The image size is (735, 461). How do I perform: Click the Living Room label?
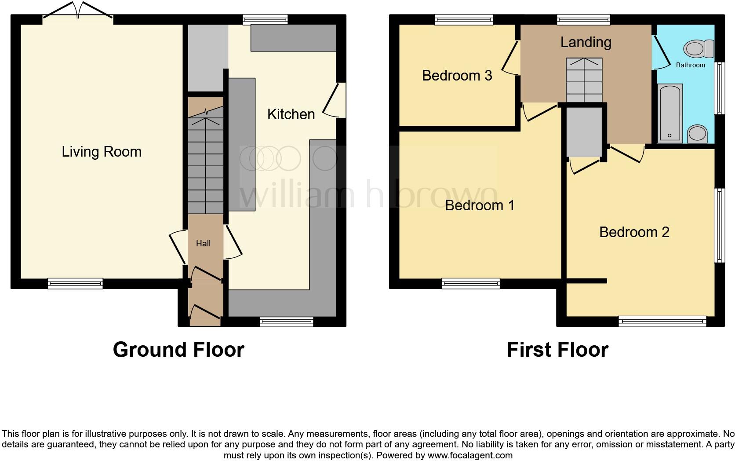tap(102, 152)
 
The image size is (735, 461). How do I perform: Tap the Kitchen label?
tap(291, 114)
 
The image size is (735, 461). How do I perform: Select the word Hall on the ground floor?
tap(203, 243)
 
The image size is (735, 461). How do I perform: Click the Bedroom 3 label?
tap(457, 76)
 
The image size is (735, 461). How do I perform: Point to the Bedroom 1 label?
tap(480, 205)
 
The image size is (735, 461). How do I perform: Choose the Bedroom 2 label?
tap(634, 232)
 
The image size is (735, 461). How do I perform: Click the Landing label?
tap(586, 42)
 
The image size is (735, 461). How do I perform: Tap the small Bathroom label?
tap(690, 65)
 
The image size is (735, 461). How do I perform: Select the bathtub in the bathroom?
tap(670, 113)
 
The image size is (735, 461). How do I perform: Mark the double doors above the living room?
tap(78, 11)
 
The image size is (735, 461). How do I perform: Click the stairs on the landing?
tap(584, 80)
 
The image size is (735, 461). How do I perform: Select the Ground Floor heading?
tap(178, 350)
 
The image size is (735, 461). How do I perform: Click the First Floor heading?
tap(557, 350)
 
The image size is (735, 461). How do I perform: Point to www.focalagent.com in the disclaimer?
tap(470, 455)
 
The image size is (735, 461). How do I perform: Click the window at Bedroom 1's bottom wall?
tap(471, 283)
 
